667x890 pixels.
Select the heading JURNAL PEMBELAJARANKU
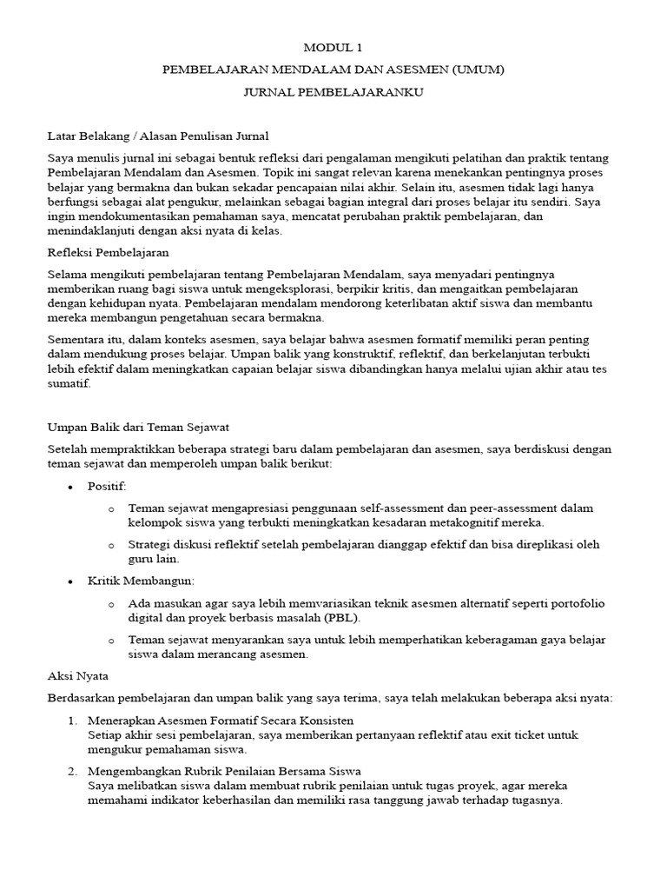333,92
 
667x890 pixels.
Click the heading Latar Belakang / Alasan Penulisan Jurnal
157,136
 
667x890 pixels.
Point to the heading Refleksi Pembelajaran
108,252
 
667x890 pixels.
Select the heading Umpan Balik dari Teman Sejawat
137,428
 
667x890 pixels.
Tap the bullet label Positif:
107,486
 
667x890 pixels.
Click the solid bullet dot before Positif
70,487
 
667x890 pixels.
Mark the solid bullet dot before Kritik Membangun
70,581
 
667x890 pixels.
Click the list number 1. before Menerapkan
72,721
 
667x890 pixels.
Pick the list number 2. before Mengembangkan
72,771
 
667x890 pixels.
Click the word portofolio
576,603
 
